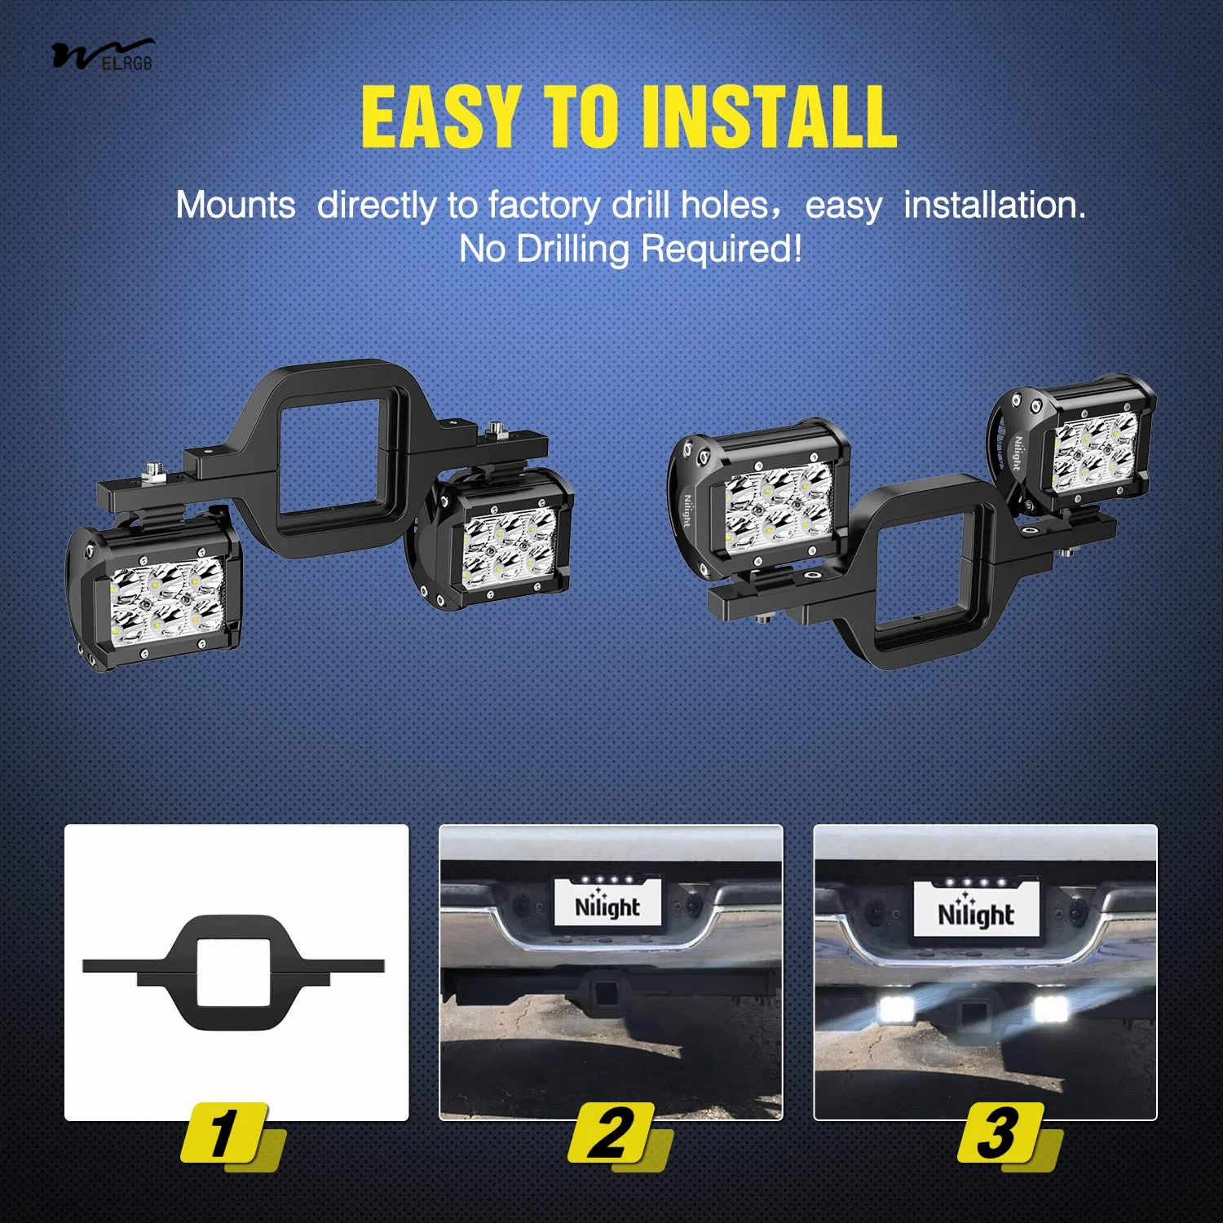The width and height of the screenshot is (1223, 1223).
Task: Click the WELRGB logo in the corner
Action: (x=103, y=55)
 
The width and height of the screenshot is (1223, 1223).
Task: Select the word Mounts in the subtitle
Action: (x=236, y=205)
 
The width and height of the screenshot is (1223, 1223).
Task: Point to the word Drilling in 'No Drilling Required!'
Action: (x=575, y=249)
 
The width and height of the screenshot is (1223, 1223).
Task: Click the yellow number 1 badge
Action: (x=225, y=1133)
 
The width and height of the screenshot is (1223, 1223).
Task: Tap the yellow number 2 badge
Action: (x=611, y=1133)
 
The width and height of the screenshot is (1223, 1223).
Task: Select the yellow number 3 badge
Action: (x=1001, y=1133)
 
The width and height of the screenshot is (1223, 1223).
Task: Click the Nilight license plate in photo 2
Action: (x=607, y=902)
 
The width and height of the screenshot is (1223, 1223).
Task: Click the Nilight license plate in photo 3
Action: (x=976, y=909)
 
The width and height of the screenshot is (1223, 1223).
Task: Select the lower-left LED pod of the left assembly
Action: (x=155, y=595)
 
